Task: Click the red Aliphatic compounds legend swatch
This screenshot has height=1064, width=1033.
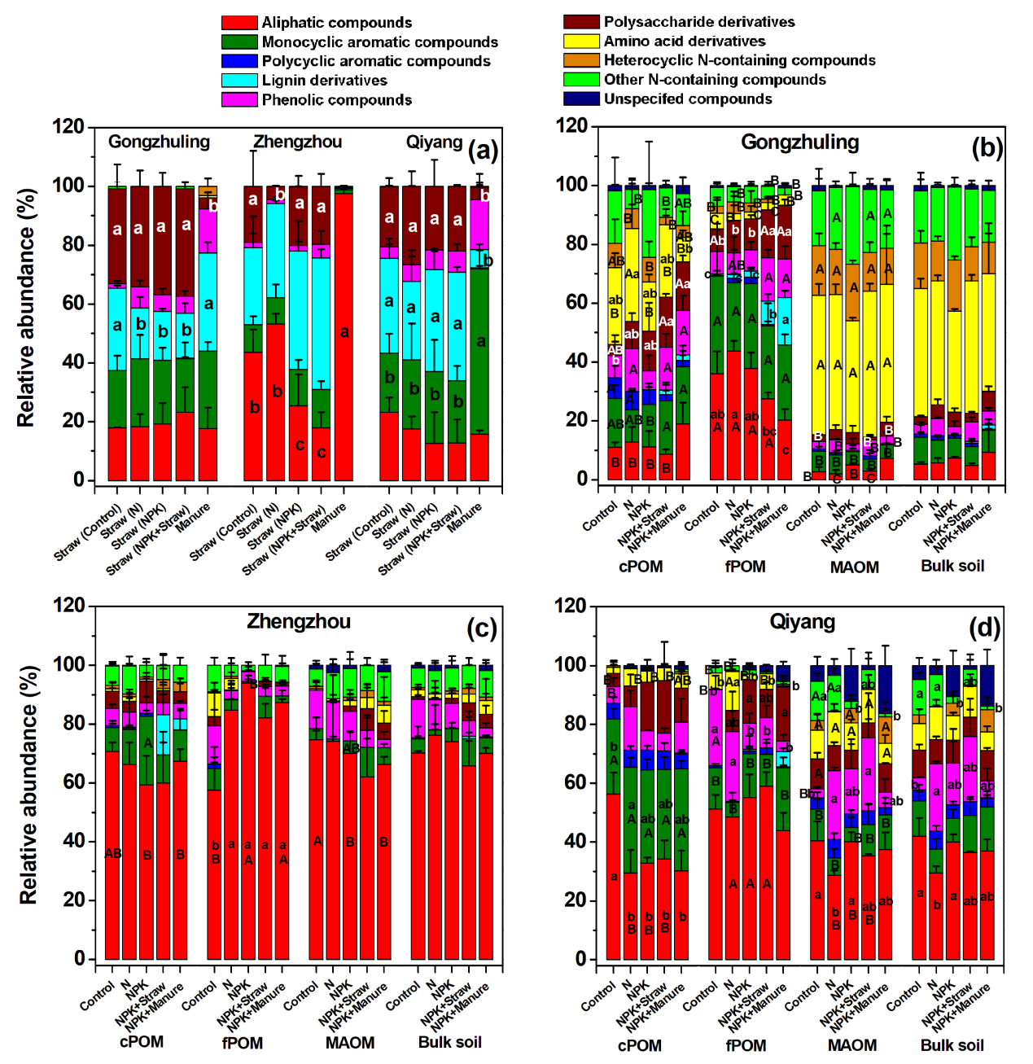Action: point(239,23)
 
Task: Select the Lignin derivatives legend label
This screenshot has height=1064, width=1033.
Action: point(324,81)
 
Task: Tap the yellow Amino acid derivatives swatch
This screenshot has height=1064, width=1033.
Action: point(581,41)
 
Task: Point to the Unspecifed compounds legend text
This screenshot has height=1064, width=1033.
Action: point(688,99)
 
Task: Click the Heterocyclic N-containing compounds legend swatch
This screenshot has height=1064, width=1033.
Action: point(581,60)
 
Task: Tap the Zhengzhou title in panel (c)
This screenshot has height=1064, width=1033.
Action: point(299,622)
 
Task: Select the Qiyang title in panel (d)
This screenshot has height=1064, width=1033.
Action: point(802,623)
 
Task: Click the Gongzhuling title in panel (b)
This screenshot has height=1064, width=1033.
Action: point(799,142)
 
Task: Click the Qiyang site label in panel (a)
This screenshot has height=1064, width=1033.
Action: point(434,142)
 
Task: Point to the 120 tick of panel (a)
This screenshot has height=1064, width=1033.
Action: point(68,126)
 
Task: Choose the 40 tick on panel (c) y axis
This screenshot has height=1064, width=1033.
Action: point(75,841)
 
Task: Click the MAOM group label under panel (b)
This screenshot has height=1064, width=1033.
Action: point(854,567)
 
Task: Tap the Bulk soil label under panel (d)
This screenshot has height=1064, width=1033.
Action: point(952,1045)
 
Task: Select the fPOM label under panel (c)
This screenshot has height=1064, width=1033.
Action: point(243,1043)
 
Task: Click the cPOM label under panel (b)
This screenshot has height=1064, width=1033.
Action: point(641,567)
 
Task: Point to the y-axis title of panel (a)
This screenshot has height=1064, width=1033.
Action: point(27,308)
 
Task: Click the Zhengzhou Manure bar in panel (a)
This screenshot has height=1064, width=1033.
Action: point(344,335)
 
